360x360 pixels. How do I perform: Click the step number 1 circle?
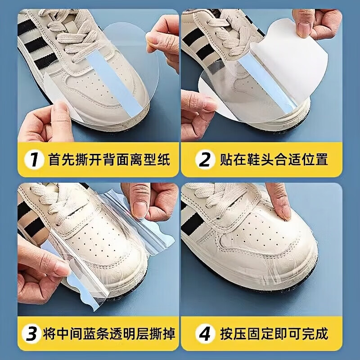(x=34, y=159)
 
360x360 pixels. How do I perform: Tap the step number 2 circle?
(x=205, y=159)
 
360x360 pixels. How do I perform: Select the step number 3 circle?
(x=31, y=333)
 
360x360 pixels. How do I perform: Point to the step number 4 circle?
(x=205, y=333)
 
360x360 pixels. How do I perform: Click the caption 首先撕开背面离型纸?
(x=109, y=159)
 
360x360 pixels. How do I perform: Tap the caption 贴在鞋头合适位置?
(x=274, y=159)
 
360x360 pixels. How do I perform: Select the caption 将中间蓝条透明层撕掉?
(x=109, y=333)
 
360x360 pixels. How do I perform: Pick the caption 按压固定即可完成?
(x=274, y=333)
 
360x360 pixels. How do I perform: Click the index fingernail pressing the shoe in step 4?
(x=285, y=212)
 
